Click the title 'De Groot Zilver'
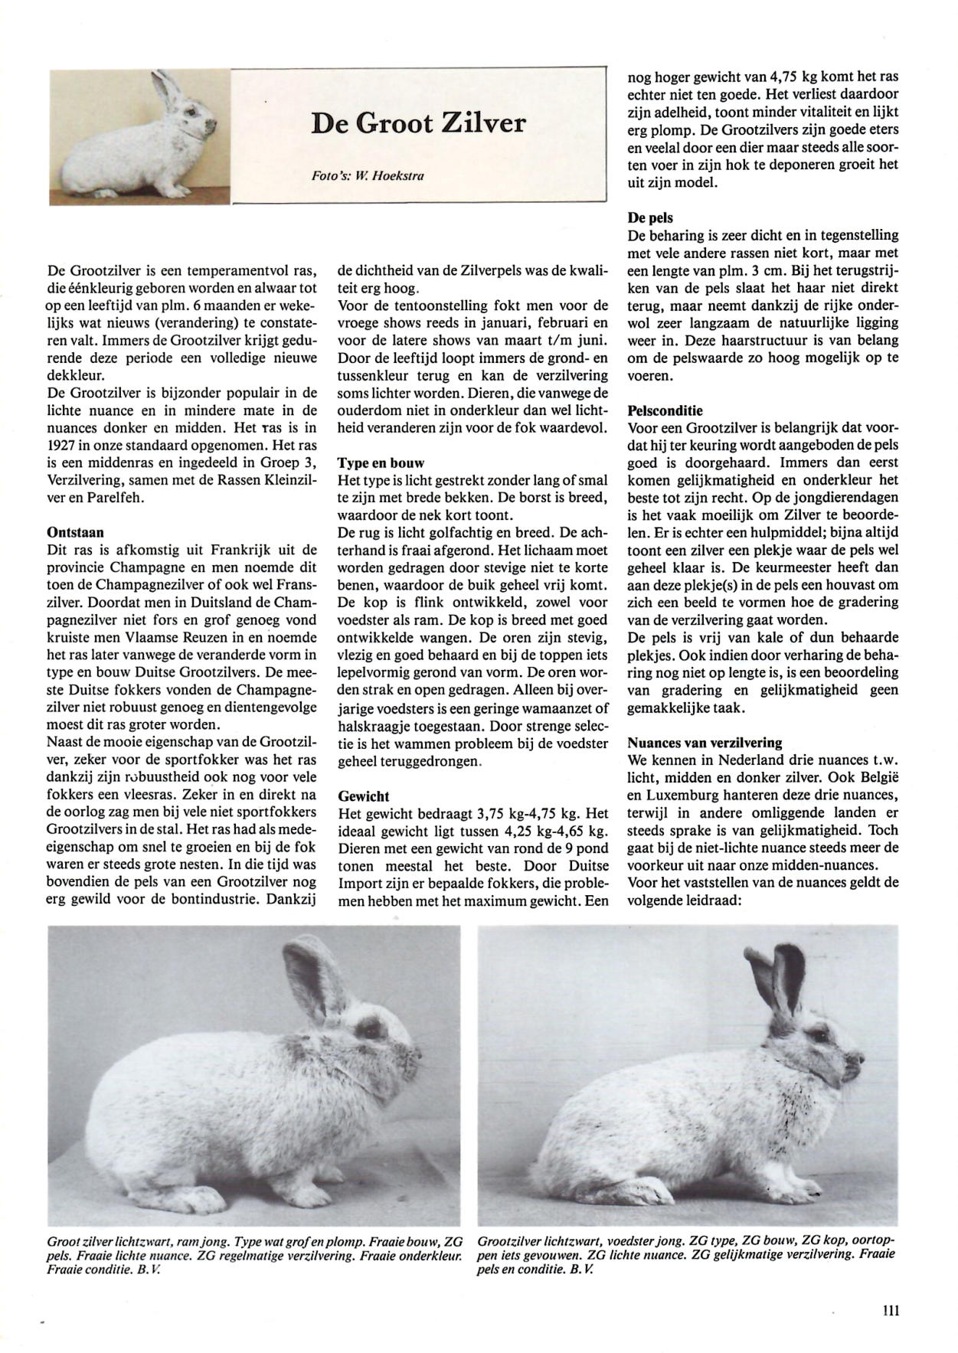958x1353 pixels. (418, 123)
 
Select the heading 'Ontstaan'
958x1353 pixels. (76, 532)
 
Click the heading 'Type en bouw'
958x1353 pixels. (381, 463)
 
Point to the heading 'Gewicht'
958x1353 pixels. (364, 796)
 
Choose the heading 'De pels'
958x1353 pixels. (650, 218)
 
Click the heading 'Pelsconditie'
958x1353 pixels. (665, 410)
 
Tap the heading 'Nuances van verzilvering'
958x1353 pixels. (705, 742)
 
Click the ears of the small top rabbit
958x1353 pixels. (166, 87)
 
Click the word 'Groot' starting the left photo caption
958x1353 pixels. (64, 1239)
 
